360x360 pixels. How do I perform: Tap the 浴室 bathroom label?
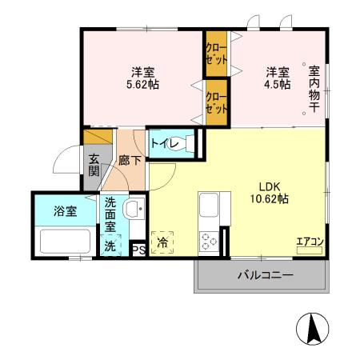click(65, 212)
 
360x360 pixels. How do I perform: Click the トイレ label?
click(160, 144)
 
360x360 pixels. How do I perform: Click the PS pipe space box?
click(138, 249)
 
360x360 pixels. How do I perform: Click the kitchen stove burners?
click(209, 239)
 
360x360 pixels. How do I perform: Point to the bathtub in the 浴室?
click(64, 241)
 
